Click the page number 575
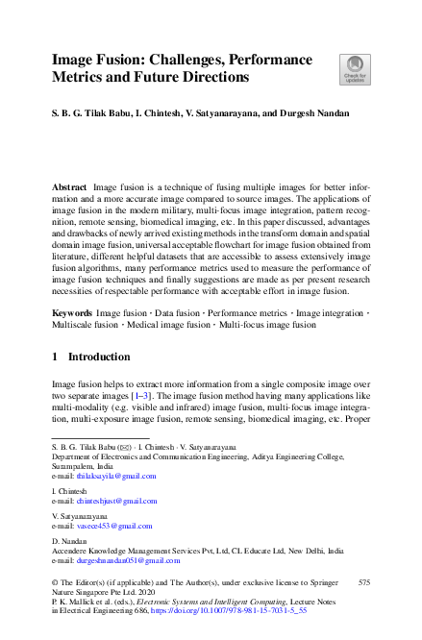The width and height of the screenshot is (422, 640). tap(364, 582)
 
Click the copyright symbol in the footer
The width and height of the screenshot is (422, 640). tap(55, 582)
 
